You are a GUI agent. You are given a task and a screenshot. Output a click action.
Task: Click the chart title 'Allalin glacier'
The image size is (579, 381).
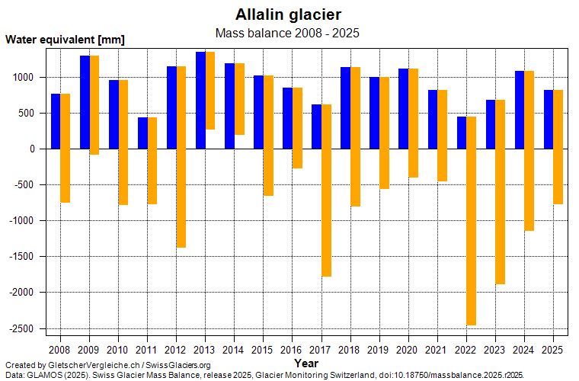pos(288,14)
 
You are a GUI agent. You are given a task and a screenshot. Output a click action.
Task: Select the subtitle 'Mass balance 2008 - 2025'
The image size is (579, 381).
pos(288,33)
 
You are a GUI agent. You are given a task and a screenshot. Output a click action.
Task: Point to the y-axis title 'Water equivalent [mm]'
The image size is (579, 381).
pos(65,40)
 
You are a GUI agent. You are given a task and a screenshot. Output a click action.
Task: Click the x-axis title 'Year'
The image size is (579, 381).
pos(306,363)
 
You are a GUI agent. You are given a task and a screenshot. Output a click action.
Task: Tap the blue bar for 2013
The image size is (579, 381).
pos(200,100)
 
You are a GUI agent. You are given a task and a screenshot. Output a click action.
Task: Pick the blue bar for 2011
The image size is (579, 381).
pos(142,133)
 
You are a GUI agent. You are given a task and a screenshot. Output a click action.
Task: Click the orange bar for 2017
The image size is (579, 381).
pos(326,190)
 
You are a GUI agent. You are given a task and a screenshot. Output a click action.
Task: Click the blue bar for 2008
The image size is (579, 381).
pos(56,121)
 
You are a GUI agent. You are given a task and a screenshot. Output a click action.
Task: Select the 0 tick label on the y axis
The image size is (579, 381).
pos(33,149)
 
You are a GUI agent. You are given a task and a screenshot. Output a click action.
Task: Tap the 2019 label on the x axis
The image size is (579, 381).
pos(379,350)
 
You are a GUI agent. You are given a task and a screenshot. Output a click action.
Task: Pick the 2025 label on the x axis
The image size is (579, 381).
pos(552,350)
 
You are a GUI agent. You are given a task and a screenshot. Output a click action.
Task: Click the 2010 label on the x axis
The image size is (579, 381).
pos(118,350)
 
